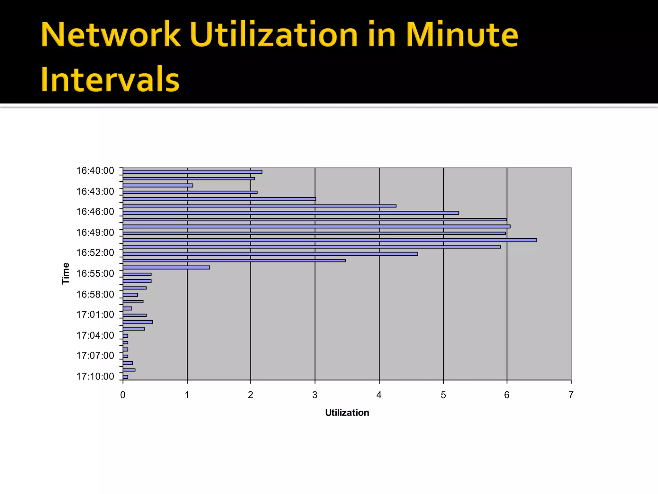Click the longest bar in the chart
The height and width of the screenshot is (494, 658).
[330, 240]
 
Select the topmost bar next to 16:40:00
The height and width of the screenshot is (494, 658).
[192, 172]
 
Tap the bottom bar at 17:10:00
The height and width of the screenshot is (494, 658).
[125, 377]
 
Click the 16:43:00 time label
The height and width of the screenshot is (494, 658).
[95, 191]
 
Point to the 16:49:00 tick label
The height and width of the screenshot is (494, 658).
[95, 232]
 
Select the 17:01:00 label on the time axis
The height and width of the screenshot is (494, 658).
[95, 314]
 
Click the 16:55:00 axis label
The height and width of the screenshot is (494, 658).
[95, 273]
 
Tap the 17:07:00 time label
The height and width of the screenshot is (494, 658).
[95, 355]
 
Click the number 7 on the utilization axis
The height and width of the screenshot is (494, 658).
[571, 395]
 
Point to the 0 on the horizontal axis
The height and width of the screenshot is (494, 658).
[123, 395]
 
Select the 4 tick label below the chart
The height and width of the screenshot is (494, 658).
[379, 395]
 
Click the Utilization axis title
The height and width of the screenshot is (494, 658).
[347, 413]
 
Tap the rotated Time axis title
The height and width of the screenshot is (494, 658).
[66, 273]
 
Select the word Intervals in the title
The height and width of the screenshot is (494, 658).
[110, 79]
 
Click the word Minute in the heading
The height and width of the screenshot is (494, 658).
[462, 35]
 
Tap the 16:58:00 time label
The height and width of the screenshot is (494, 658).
[95, 294]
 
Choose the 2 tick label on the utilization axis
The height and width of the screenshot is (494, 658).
[251, 395]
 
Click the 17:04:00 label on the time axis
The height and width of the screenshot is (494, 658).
[95, 335]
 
